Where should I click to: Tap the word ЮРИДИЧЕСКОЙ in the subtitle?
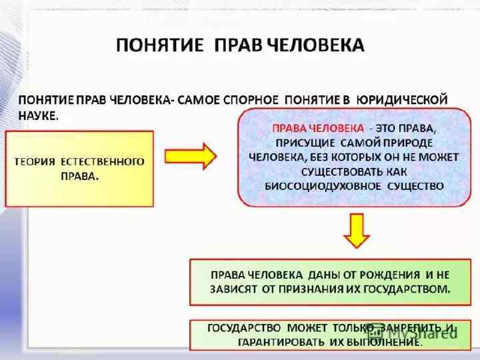click(x=401, y=99)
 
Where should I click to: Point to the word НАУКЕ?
click(x=37, y=115)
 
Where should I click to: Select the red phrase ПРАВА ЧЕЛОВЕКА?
click(x=316, y=127)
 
